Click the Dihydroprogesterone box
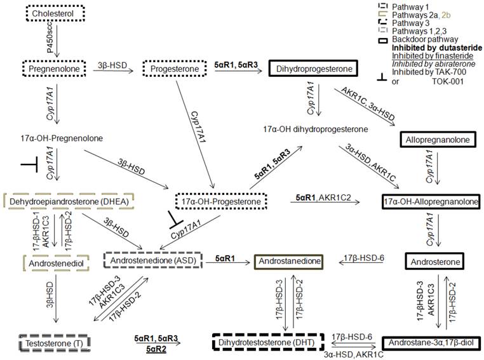point(311,67)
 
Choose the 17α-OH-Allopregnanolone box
point(430,201)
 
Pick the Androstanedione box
point(287,260)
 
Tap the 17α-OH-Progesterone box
point(218,201)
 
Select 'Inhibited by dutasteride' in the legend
point(436,48)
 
